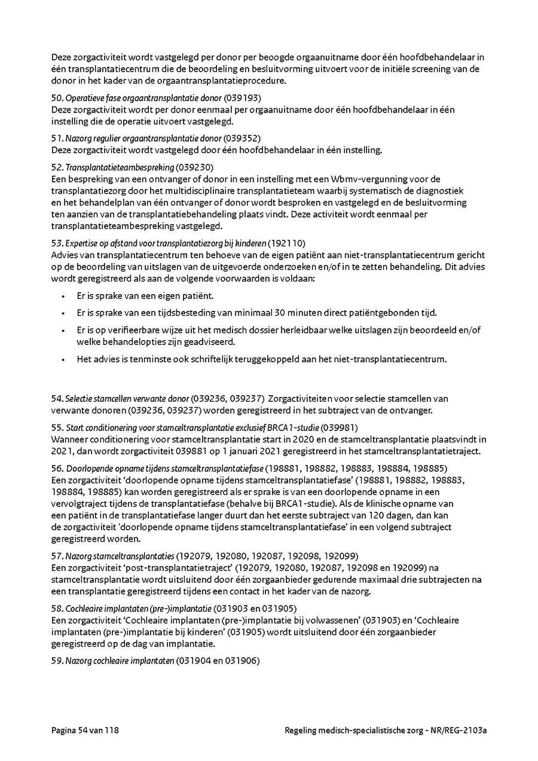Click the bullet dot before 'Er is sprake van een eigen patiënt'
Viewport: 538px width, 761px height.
coord(63,297)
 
